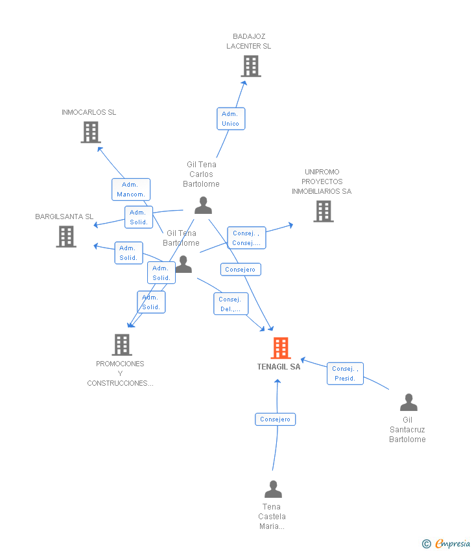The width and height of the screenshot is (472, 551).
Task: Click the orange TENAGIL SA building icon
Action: click(x=280, y=348)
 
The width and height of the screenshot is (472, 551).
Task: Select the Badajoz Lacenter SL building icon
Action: click(x=251, y=66)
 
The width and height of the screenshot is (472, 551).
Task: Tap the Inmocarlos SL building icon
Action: click(x=91, y=132)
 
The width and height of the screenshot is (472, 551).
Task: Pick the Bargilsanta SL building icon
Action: click(x=66, y=237)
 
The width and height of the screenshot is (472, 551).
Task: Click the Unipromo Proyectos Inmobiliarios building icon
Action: click(x=324, y=211)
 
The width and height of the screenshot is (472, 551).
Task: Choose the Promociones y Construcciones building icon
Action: click(x=122, y=345)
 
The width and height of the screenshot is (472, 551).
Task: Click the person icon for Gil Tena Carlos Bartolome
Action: click(x=203, y=205)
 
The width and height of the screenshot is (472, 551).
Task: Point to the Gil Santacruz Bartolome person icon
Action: click(x=408, y=403)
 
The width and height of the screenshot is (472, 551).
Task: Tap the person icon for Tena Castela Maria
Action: click(x=273, y=489)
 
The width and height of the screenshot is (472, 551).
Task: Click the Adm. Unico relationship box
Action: click(x=230, y=119)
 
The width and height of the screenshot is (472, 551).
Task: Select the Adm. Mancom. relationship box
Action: click(x=130, y=189)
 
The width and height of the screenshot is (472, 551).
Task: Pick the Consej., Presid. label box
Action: click(x=345, y=373)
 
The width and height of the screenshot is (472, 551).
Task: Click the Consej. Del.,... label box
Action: click(x=230, y=304)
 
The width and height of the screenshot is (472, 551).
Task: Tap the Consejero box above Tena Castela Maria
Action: click(x=275, y=419)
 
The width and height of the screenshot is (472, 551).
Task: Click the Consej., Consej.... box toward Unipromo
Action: click(x=246, y=238)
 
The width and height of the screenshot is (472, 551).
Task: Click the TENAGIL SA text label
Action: click(x=279, y=367)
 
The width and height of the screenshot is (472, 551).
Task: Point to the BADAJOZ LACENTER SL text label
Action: click(x=249, y=41)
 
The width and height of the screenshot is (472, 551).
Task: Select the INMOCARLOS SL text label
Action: click(x=89, y=112)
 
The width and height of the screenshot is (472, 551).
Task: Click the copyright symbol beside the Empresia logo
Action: click(x=426, y=544)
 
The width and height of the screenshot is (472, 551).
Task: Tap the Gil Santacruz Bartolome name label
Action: click(x=407, y=430)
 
